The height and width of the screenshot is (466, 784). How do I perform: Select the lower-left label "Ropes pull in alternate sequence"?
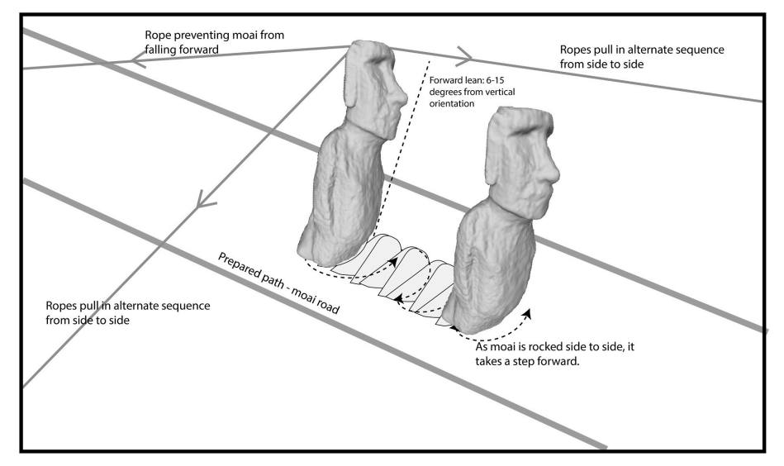coord(129,311)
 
